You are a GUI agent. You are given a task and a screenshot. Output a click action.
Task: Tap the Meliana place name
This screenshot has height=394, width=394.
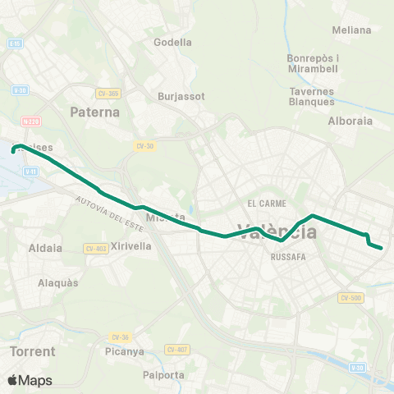[x=351, y=30]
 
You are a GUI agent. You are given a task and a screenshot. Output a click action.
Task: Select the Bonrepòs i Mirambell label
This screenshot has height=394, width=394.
[x=313, y=64]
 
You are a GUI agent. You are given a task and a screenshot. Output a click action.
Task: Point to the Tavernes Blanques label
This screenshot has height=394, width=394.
[x=312, y=97]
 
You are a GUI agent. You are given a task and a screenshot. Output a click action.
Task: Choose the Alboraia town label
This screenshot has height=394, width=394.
[x=350, y=121]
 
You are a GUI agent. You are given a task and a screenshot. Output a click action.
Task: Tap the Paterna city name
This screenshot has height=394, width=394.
[x=95, y=112]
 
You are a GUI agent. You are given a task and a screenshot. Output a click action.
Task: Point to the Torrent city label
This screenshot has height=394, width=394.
[x=33, y=351]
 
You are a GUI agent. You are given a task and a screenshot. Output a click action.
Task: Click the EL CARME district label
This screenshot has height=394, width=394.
[x=264, y=203]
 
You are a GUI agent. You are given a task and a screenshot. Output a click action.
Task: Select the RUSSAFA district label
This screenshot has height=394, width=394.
[x=288, y=255]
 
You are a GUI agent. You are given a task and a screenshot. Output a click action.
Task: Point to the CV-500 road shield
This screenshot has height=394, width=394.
[x=350, y=298]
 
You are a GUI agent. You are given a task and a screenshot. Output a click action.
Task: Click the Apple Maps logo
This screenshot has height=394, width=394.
[x=30, y=380]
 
